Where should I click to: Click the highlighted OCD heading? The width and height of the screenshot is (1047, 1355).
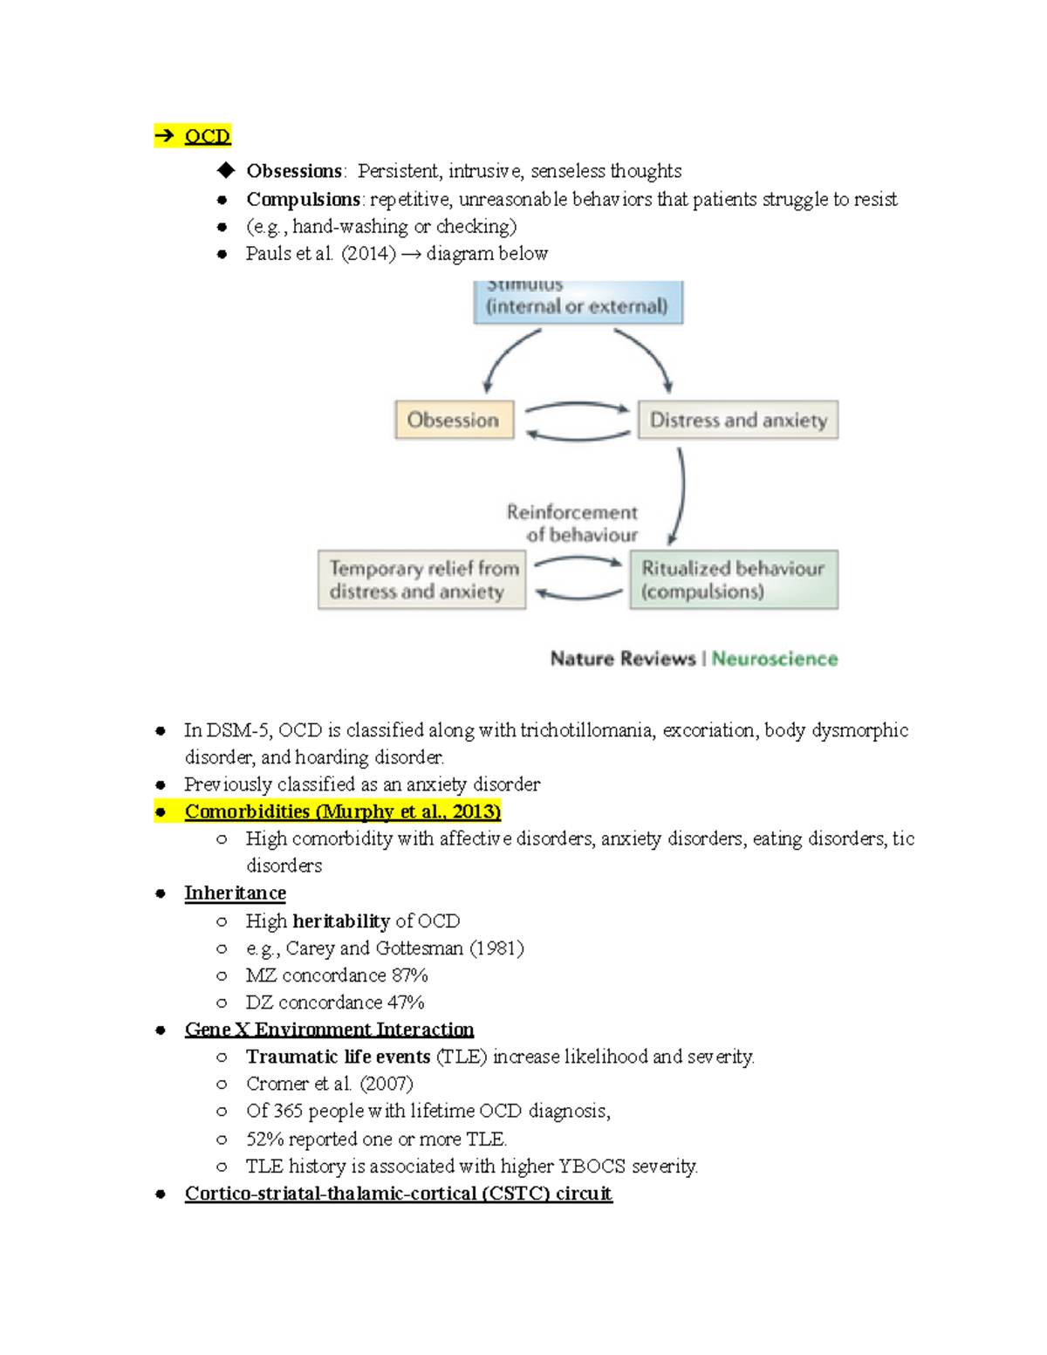[x=207, y=136]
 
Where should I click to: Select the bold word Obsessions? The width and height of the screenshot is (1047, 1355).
[x=293, y=171]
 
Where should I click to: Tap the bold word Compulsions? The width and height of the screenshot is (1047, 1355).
[x=302, y=199]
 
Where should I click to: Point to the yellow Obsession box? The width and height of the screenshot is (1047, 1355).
[x=454, y=420]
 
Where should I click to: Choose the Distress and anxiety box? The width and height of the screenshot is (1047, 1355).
[x=738, y=420]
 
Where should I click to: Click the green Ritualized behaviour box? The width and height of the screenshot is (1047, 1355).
[x=734, y=579]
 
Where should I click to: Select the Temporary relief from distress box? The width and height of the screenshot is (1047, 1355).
[x=422, y=579]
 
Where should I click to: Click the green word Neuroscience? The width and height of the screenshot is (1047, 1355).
[x=775, y=659]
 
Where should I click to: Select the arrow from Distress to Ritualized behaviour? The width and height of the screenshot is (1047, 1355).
[x=680, y=496]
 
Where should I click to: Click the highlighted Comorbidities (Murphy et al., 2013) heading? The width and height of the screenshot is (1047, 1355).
[x=342, y=811]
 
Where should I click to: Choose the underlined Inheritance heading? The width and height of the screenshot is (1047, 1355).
[x=235, y=893]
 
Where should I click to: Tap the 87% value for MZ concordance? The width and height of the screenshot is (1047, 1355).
[x=409, y=975]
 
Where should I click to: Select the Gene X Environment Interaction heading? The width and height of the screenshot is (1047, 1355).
[x=329, y=1030]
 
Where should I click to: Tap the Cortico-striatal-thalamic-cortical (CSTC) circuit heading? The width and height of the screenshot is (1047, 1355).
[x=398, y=1193]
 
